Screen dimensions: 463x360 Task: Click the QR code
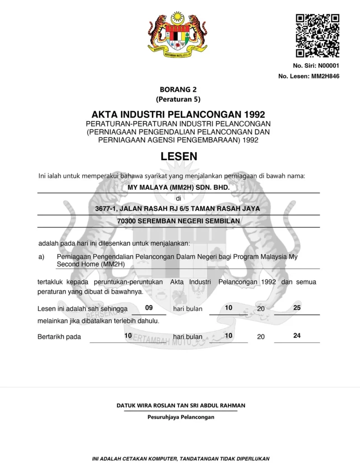click(x=317, y=35)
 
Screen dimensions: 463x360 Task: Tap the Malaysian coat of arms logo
click(x=178, y=34)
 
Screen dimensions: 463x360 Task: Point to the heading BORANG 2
click(x=178, y=90)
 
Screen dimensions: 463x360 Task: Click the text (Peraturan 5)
click(x=178, y=99)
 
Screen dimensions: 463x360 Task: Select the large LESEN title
click(x=179, y=156)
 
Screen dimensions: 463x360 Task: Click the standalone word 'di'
click(x=178, y=198)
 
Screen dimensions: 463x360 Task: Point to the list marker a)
click(x=41, y=256)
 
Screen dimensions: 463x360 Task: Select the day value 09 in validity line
click(x=149, y=308)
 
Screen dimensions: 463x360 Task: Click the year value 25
click(x=297, y=308)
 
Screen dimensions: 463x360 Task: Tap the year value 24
click(x=297, y=336)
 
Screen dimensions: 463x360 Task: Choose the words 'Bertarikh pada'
click(x=59, y=337)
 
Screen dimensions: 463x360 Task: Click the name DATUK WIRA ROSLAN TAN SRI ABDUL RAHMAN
click(x=181, y=406)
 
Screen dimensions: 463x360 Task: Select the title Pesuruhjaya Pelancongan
click(x=181, y=417)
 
